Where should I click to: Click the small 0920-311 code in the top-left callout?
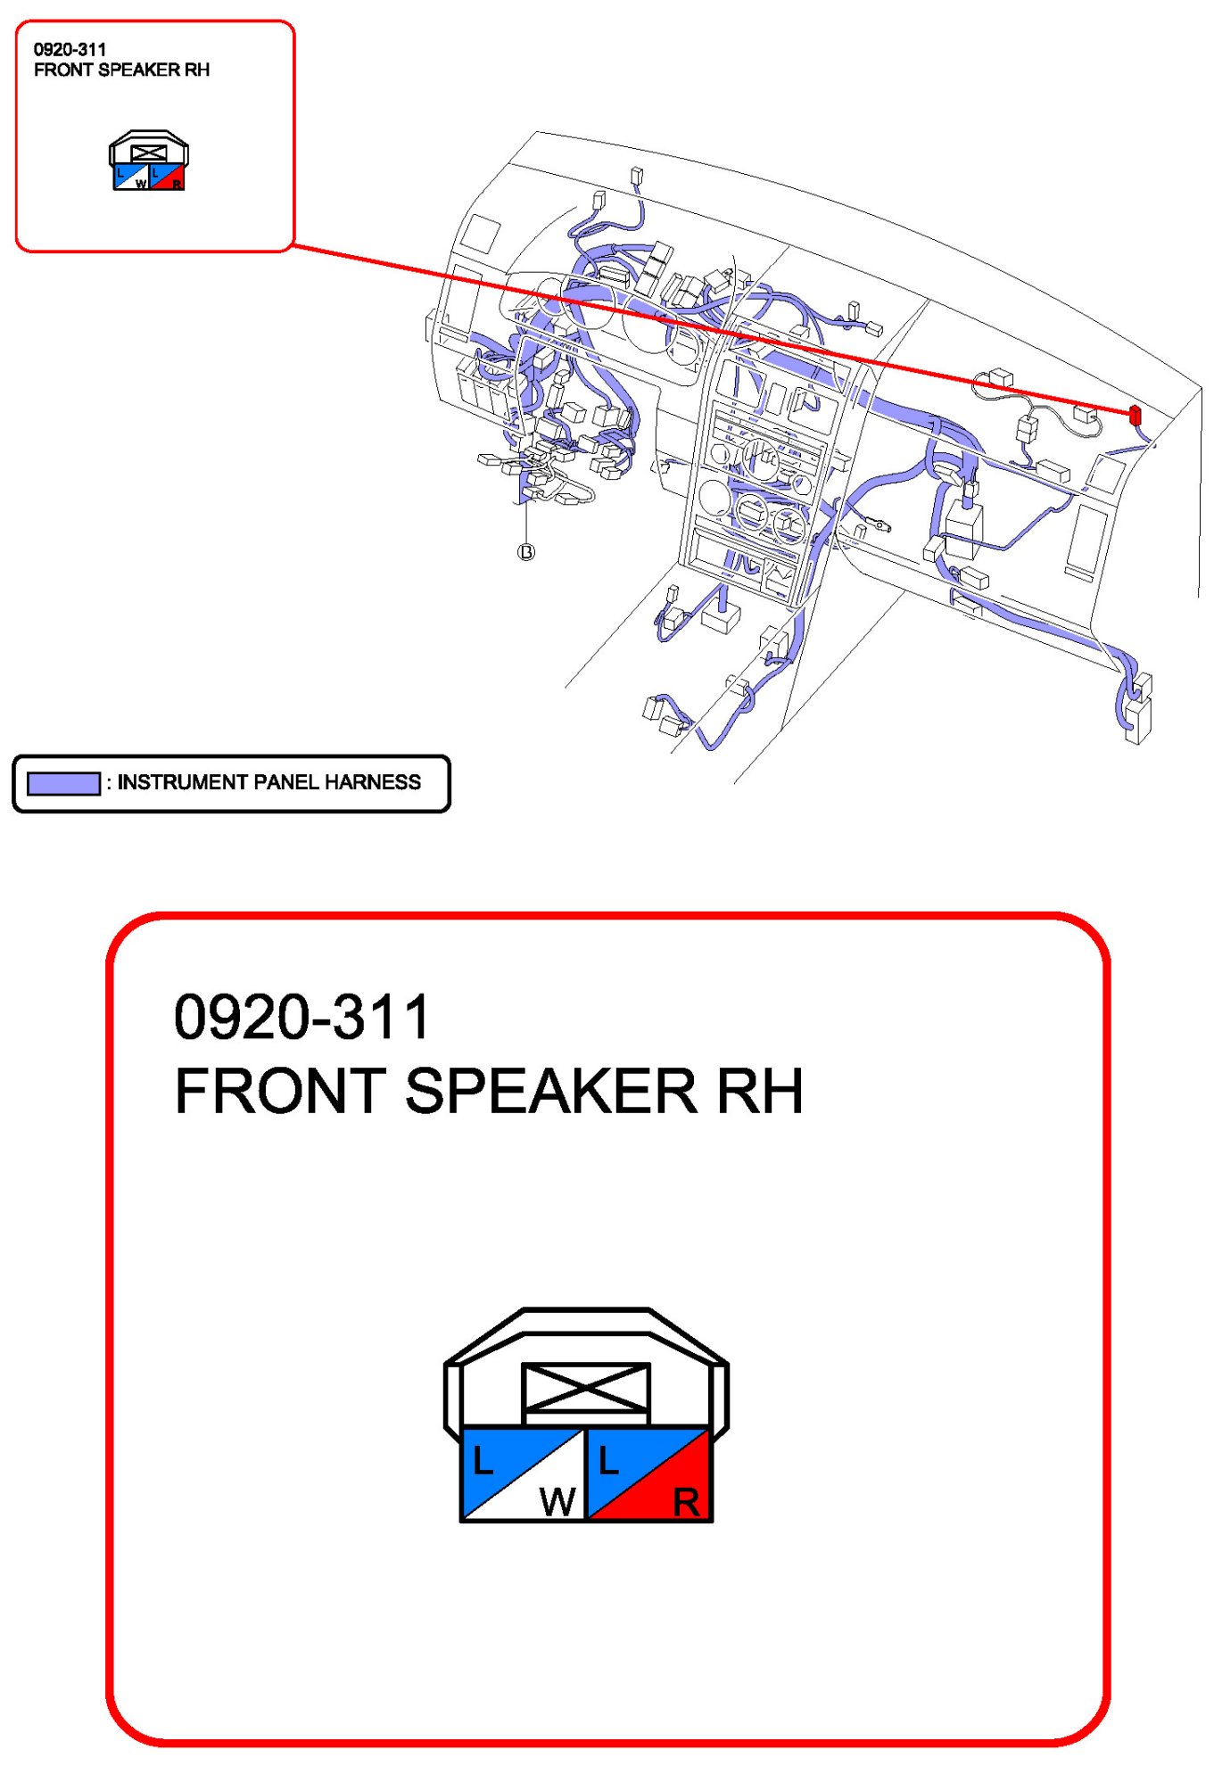click(x=70, y=50)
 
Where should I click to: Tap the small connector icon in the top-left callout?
click(x=149, y=161)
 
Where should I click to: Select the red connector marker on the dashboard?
click(x=1135, y=415)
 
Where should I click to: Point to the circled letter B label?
click(x=526, y=552)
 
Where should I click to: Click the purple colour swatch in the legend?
click(x=63, y=783)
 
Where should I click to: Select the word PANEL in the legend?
click(x=287, y=782)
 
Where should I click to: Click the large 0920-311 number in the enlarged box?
click(x=302, y=1017)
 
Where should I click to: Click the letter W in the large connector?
click(x=557, y=1502)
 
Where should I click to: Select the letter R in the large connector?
click(x=686, y=1503)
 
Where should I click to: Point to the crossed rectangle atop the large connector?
click(x=586, y=1388)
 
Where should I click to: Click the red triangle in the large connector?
click(x=669, y=1490)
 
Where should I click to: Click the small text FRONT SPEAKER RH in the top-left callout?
click(x=121, y=70)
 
